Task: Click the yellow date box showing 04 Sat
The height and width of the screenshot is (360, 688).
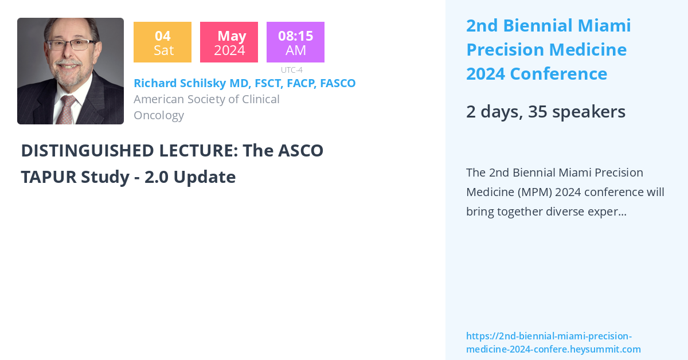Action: click(162, 42)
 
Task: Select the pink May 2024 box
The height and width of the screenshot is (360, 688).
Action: click(229, 42)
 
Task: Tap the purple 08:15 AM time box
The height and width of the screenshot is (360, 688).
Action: click(295, 42)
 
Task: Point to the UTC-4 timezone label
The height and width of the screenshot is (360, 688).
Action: click(291, 70)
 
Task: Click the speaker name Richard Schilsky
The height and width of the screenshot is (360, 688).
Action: click(180, 83)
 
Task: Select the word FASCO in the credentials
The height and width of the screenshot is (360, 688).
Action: click(338, 83)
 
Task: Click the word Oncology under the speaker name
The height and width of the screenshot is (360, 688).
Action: click(159, 115)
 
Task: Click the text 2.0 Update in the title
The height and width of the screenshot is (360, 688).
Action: click(190, 177)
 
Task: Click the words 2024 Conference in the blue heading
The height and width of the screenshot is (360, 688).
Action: click(537, 74)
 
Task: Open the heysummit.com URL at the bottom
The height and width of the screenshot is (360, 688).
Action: click(553, 343)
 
